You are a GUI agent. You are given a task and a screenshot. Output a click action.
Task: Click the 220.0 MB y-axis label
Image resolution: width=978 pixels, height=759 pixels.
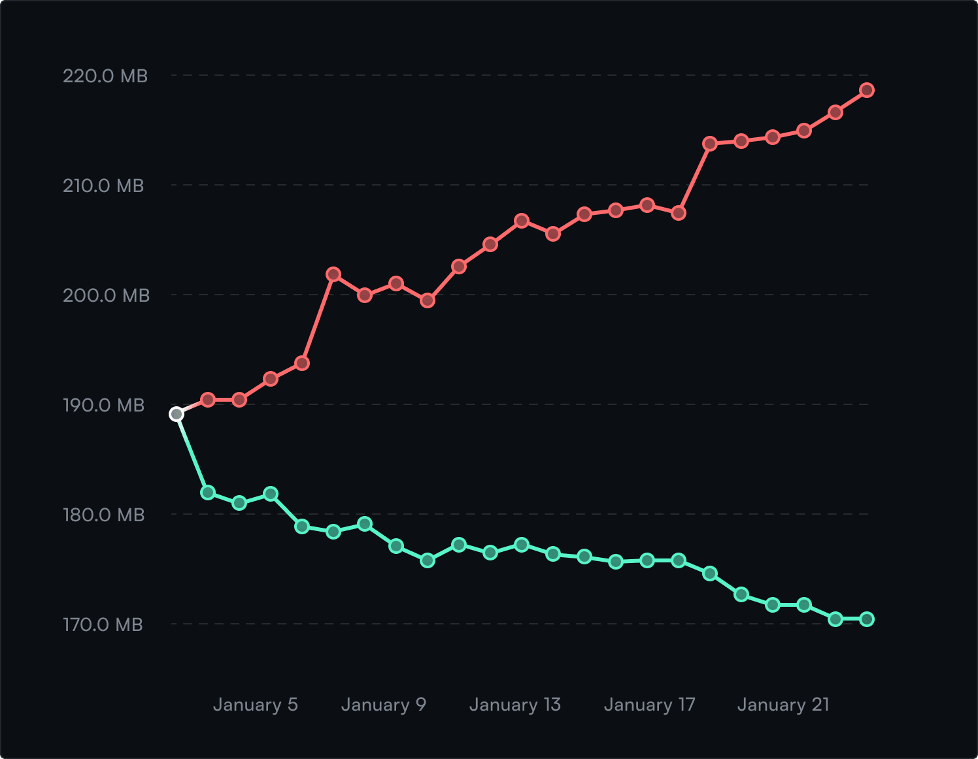(105, 76)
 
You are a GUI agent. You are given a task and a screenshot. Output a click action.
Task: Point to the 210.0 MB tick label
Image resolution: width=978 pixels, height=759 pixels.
(103, 186)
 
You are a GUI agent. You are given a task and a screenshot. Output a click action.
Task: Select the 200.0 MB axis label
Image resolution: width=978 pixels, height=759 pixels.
(106, 296)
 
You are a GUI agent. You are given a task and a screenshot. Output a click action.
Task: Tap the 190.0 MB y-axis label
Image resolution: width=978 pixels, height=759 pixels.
(103, 406)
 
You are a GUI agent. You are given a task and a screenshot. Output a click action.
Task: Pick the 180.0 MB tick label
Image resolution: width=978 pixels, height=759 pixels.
(103, 515)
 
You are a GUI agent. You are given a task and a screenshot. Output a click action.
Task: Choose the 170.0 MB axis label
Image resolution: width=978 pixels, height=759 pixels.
(103, 625)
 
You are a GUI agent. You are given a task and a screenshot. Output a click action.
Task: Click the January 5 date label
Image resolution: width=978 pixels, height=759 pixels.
(255, 705)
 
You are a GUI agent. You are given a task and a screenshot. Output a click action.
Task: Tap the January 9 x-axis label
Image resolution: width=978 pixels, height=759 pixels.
(383, 705)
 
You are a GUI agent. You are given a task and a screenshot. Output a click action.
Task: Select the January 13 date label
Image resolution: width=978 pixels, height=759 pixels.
(514, 705)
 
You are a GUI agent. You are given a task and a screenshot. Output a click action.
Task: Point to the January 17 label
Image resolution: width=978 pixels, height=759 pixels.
(649, 705)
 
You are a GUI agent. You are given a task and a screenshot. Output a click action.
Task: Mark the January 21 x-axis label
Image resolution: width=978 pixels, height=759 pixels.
(783, 705)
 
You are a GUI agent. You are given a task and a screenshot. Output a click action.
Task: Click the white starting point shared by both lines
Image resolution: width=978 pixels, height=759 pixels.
(177, 414)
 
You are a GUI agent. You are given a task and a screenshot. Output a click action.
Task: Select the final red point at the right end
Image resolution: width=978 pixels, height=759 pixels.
(867, 90)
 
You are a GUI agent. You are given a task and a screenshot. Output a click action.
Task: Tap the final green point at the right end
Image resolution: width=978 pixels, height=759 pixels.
(867, 619)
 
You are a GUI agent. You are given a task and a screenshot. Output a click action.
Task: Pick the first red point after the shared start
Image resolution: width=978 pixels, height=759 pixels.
(208, 400)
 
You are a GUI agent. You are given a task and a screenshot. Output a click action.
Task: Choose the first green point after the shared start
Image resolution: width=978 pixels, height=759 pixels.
(208, 493)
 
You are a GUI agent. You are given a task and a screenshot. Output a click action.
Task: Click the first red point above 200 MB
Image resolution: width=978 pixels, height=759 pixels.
(333, 274)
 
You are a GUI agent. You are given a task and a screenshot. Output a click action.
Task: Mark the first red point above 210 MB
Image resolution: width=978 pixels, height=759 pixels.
(710, 144)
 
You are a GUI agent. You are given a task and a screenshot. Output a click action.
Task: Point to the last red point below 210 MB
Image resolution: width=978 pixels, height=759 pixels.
(679, 213)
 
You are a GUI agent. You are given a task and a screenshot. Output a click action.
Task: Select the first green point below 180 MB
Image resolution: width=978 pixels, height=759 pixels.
(302, 526)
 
